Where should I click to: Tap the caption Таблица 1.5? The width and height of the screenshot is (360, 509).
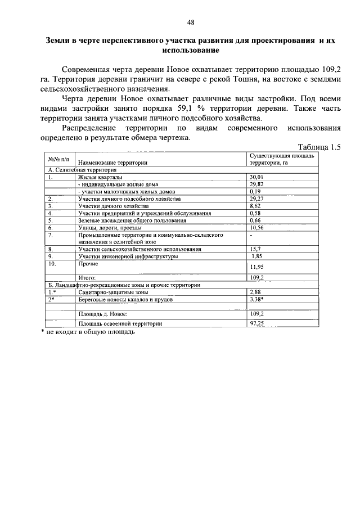tap(319, 147)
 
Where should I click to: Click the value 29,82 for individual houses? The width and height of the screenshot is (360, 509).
tap(256, 184)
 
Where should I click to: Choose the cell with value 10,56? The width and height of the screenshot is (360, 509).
tap(256, 228)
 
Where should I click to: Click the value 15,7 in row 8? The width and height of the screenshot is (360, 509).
tap(255, 249)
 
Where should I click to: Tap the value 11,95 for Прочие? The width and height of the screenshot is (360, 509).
tap(256, 267)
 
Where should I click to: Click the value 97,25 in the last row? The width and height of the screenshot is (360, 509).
tap(258, 323)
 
